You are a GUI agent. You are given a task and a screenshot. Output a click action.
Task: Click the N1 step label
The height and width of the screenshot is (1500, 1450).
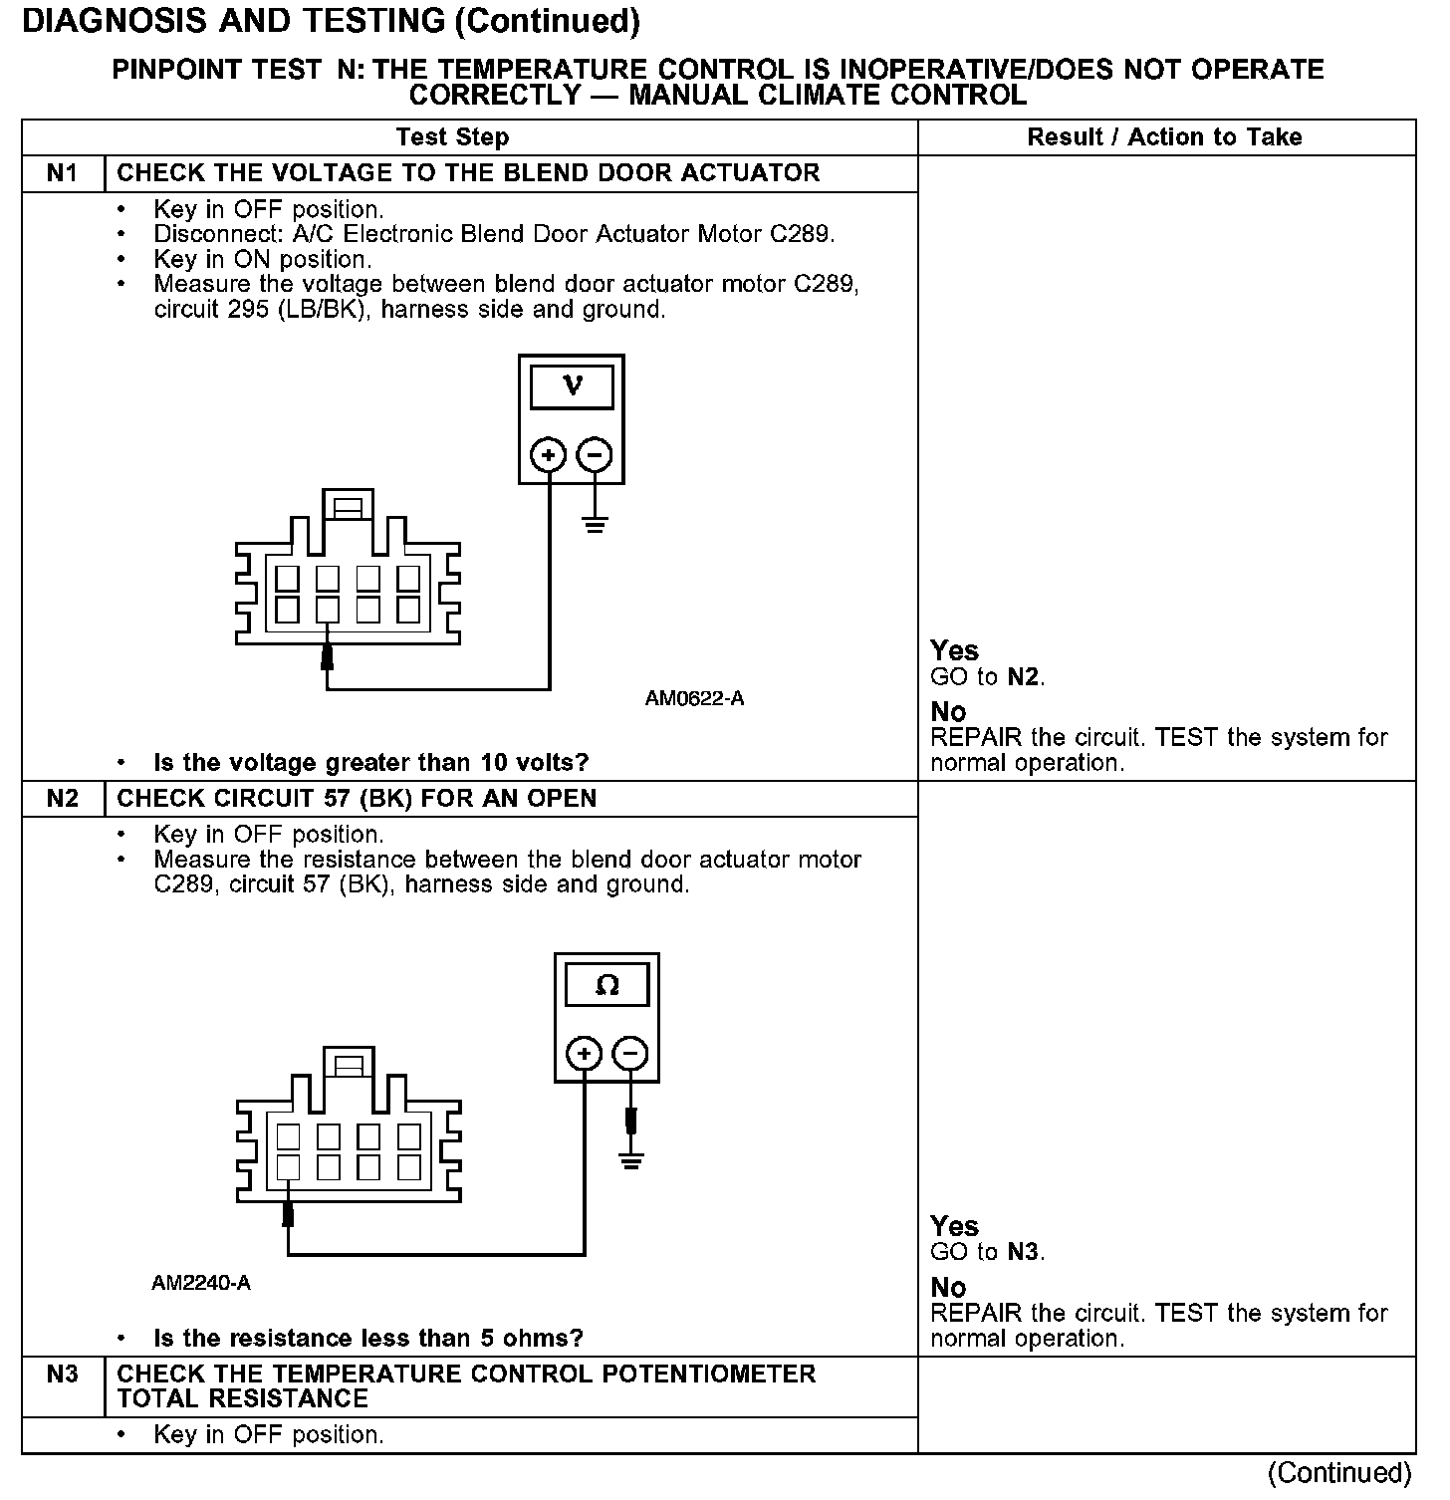pos(62,173)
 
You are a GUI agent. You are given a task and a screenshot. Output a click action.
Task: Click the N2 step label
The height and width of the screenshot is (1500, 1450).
pos(62,799)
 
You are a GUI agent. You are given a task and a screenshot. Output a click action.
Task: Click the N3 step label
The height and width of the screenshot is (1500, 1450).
pos(62,1375)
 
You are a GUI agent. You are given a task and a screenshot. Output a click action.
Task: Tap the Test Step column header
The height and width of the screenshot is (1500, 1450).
pos(452,137)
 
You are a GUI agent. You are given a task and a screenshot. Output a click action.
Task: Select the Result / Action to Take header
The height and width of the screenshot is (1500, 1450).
pos(1164,137)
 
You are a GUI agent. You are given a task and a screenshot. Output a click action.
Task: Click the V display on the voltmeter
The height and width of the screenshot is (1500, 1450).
pos(572,386)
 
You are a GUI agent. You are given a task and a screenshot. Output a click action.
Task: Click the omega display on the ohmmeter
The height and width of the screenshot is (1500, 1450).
pos(606,986)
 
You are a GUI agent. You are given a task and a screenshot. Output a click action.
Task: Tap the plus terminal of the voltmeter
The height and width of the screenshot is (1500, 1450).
pos(548,456)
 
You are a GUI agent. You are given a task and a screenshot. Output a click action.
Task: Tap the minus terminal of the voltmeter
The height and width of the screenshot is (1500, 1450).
pos(595,456)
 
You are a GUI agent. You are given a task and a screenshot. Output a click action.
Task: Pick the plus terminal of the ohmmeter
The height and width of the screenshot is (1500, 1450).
pos(585,1054)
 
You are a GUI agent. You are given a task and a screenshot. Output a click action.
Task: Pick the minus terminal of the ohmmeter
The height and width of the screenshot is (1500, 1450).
pos(630,1054)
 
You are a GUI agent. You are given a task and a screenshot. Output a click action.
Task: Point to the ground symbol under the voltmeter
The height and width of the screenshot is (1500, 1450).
pos(595,524)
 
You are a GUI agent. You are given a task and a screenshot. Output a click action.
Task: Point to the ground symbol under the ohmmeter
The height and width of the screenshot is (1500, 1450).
pos(630,1159)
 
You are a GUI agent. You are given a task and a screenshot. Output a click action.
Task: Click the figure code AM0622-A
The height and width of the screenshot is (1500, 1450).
pos(694,699)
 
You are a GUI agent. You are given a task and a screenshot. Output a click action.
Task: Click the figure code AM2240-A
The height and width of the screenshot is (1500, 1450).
pos(201,1284)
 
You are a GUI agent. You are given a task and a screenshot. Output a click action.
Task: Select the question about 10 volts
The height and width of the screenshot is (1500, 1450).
pos(370,763)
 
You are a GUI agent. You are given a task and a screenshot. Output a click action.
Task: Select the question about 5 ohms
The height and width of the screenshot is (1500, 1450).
pos(367,1339)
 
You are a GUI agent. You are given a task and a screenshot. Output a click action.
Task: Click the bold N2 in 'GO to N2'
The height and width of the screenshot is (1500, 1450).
pos(1024,677)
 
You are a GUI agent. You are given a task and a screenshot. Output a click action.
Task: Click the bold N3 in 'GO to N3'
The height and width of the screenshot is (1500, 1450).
pos(1024,1253)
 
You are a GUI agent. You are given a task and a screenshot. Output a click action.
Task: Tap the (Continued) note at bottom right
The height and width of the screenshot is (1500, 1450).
pos(1340,1473)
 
